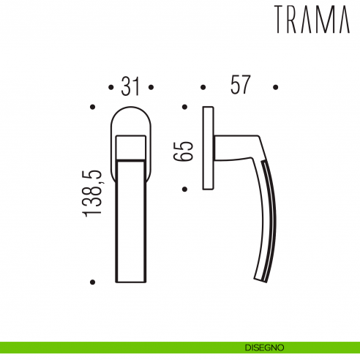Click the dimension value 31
pos(130,87)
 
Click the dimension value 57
pos(240,86)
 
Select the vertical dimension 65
pos(186,151)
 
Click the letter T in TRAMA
pos(282,20)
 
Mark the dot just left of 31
pos(110,88)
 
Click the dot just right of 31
pos(151,88)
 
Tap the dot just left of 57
pos(203,88)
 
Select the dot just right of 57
pos(276,88)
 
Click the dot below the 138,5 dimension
pos(92,281)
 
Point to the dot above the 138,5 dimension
pos(92,108)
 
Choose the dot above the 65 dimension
pos(184,108)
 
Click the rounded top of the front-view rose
pos(130,117)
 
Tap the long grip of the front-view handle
pos(130,220)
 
